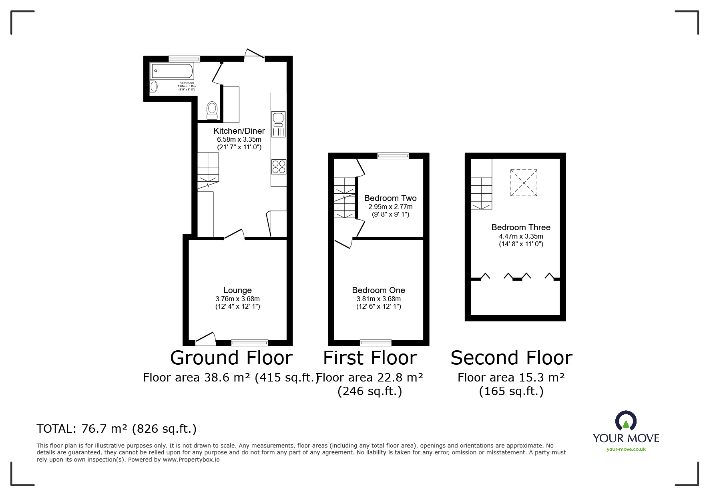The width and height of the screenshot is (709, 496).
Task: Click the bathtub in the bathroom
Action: pyautogui.click(x=172, y=71)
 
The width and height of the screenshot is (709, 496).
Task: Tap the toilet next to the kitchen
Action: pyautogui.click(x=212, y=110)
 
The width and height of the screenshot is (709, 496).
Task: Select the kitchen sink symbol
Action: pyautogui.click(x=278, y=124)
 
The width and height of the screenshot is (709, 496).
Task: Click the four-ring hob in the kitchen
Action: pyautogui.click(x=279, y=167)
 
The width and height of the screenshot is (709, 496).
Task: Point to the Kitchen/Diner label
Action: pyautogui.click(x=239, y=131)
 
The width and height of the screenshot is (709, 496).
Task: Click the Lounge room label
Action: pyautogui.click(x=237, y=290)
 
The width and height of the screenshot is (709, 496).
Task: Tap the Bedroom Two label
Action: pyautogui.click(x=390, y=198)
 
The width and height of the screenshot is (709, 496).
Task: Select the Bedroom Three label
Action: pyautogui.click(x=520, y=227)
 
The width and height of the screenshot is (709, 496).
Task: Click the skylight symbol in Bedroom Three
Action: pyautogui.click(x=523, y=183)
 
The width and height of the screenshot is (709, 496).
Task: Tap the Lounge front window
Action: pyautogui.click(x=249, y=342)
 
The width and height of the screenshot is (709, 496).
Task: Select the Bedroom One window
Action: pyautogui.click(x=376, y=342)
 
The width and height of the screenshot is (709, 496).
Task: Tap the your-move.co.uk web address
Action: pyautogui.click(x=626, y=449)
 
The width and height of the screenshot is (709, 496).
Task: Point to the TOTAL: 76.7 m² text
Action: pyautogui.click(x=116, y=429)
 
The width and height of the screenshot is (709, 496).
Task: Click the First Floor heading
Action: pyautogui.click(x=370, y=358)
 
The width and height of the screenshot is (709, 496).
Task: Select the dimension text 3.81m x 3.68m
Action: pyautogui.click(x=378, y=299)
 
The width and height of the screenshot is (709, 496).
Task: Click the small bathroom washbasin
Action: pyautogui.click(x=154, y=86)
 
